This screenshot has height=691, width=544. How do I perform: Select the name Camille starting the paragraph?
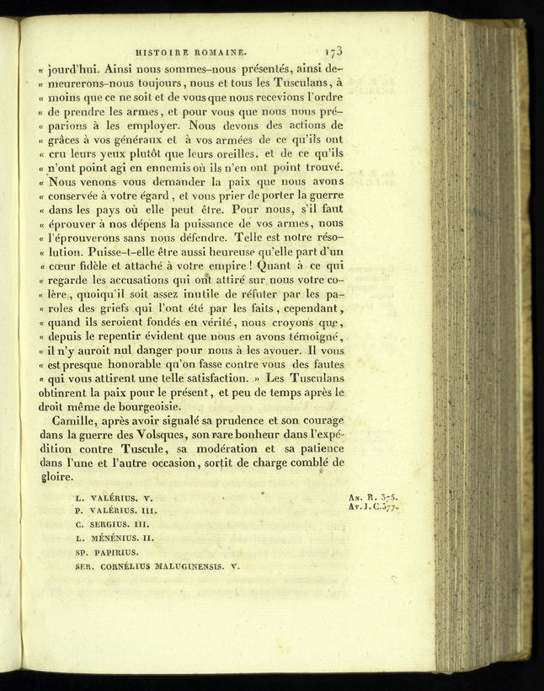pyautogui.click(x=77, y=420)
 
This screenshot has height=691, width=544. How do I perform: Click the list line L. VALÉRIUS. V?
pyautogui.click(x=114, y=498)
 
